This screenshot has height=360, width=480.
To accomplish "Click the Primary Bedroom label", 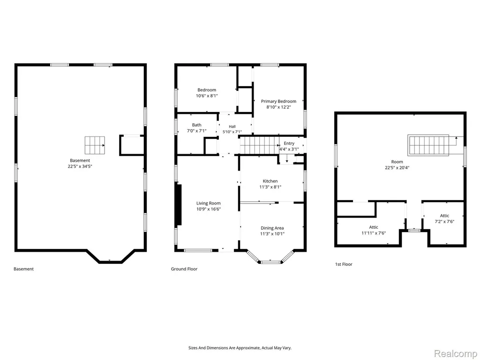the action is coord(278,101).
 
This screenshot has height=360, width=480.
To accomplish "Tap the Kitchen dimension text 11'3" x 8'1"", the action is coord(270,187).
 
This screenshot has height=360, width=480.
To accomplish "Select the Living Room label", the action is coord(209,203).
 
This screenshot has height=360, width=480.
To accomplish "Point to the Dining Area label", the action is coord(272,228).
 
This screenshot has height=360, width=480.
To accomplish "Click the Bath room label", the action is coord(197,125).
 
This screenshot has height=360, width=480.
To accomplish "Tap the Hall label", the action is coord(232,127).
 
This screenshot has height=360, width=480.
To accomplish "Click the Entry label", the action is coord(289,143).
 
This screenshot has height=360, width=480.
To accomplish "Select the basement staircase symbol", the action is coord(95,145).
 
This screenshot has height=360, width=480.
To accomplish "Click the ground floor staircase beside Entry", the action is coord(259,145).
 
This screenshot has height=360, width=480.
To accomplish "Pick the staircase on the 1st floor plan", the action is coord(428,145).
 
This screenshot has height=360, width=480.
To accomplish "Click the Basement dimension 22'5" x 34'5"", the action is coord(80,166).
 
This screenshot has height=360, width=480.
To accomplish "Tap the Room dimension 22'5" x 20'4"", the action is coord(397,167).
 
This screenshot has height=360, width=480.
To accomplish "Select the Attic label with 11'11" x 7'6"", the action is coord(374,227).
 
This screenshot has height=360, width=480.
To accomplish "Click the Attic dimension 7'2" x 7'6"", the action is coord(444,221).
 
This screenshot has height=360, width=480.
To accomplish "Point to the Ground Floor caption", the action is coord(184,269).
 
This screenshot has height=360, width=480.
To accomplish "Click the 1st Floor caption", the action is coord(344,264).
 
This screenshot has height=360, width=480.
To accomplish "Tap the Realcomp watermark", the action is coord(456,353).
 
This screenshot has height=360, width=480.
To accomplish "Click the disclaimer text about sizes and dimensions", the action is coord(240,348).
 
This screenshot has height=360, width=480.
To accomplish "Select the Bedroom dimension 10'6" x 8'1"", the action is coord(207,96).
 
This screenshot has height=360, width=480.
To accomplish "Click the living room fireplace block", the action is coord(180,205).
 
